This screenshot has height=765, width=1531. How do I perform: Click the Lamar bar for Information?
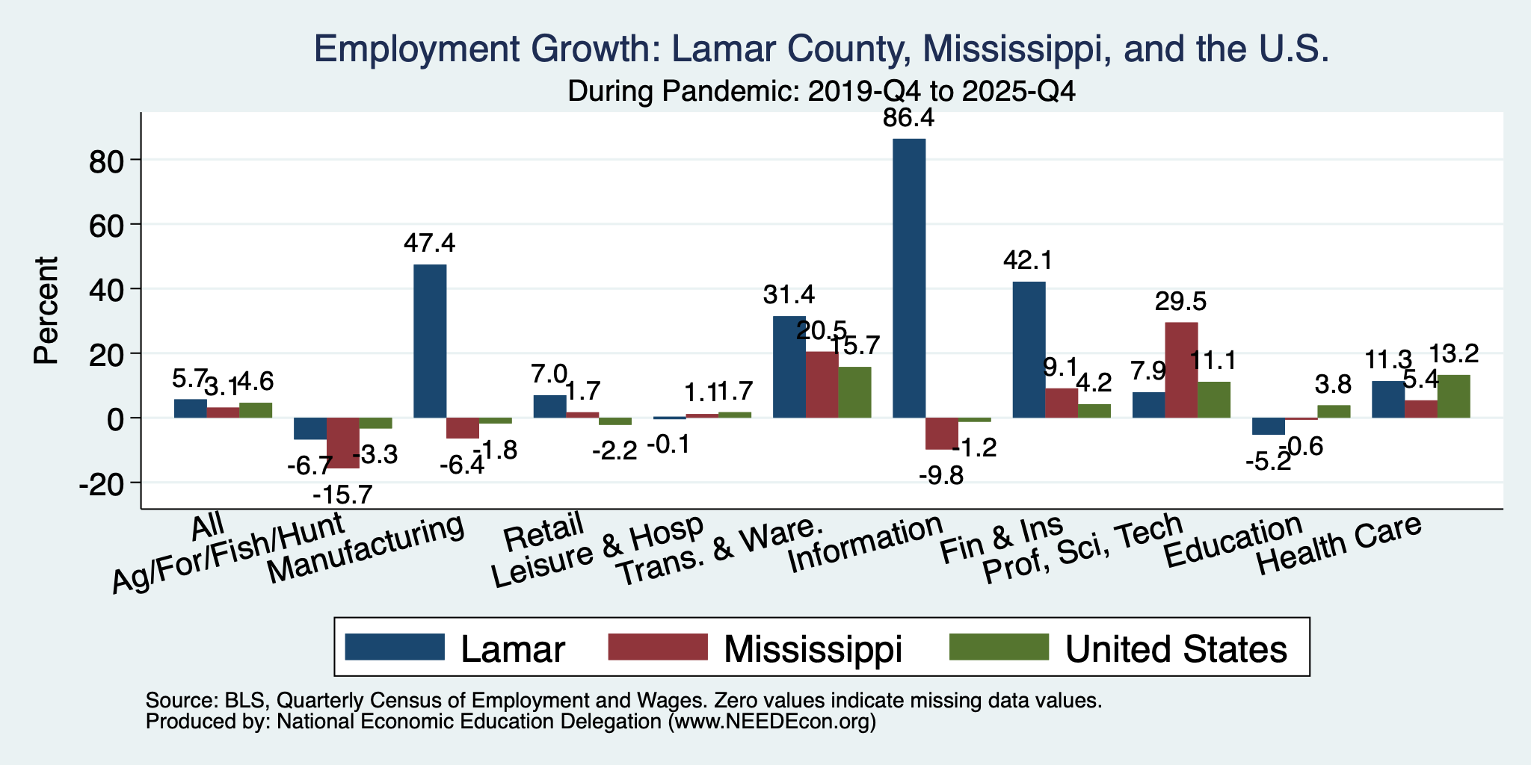coord(909,278)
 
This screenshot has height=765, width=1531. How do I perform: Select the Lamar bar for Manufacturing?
coord(430,341)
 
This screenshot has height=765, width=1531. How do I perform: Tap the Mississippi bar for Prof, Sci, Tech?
coord(1181,370)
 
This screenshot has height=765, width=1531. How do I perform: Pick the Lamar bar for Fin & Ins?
coord(1029,350)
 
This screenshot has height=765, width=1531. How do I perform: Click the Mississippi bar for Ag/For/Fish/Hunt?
coord(343,443)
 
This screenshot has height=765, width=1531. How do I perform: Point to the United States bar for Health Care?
coord(1453,396)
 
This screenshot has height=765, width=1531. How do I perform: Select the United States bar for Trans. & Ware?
coord(854,392)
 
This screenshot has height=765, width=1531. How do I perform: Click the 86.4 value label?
coord(909,118)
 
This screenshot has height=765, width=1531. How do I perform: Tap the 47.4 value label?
coord(429,244)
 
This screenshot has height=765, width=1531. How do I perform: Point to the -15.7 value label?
coord(343,495)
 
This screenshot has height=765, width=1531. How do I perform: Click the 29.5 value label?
coord(1180,301)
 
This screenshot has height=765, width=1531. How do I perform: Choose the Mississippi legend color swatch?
coord(658,647)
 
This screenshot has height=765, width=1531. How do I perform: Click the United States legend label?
coord(1176,649)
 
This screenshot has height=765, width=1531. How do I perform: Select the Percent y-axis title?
coord(46,311)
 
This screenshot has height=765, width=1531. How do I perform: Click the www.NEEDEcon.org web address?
coord(771,722)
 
